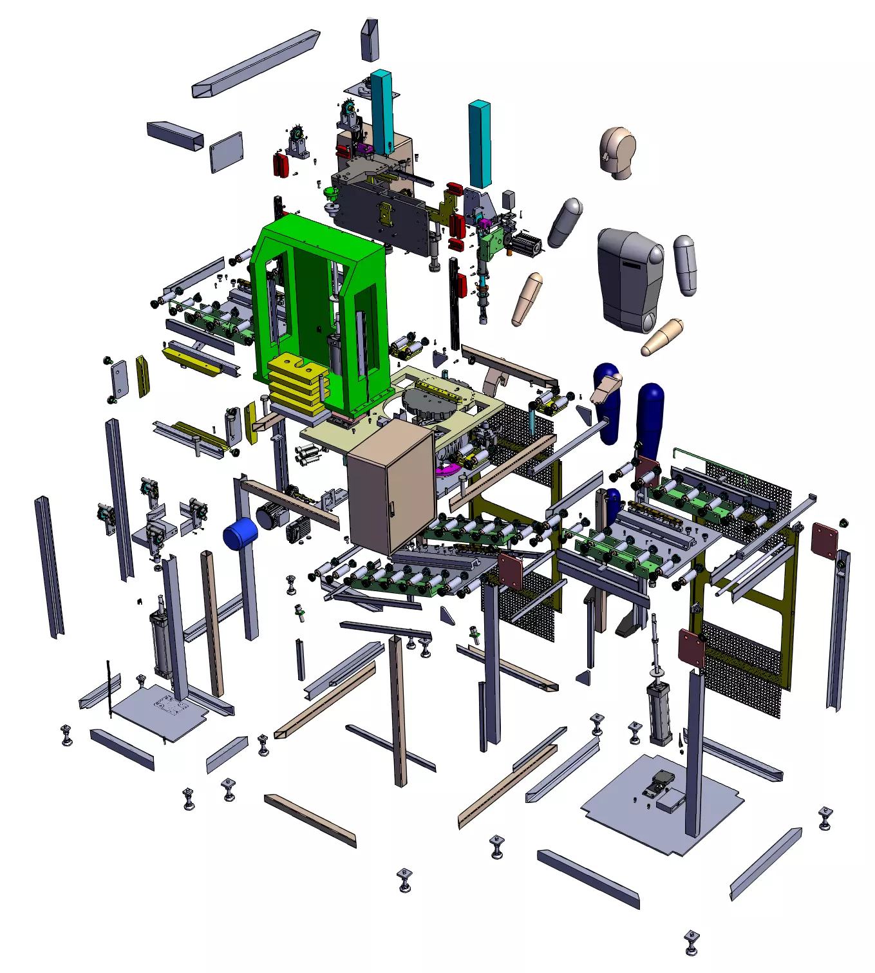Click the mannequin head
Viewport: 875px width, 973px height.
point(618,151)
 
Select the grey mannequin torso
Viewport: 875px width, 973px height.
point(628,280)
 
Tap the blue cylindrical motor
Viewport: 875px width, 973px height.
point(240,534)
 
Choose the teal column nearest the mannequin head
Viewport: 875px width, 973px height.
point(480,143)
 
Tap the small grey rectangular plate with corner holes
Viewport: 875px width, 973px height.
point(226,152)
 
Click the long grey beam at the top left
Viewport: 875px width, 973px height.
point(256,63)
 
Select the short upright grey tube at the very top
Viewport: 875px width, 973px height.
point(370,40)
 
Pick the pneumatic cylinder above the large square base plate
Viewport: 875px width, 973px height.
point(659,712)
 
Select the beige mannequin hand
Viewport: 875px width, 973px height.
point(605,388)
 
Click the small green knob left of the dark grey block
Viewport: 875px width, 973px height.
point(332,194)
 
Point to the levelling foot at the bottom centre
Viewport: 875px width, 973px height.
point(404,879)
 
